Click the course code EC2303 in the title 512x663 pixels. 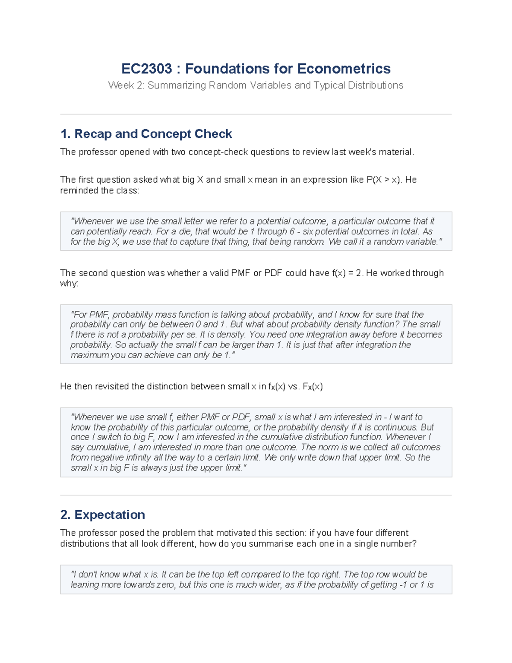(x=146, y=69)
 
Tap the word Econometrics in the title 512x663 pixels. (x=344, y=69)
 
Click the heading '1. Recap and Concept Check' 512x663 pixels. (x=146, y=134)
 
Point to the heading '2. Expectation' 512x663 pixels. (x=102, y=515)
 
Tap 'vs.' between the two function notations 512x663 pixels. (x=294, y=387)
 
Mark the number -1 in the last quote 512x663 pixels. (x=402, y=585)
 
